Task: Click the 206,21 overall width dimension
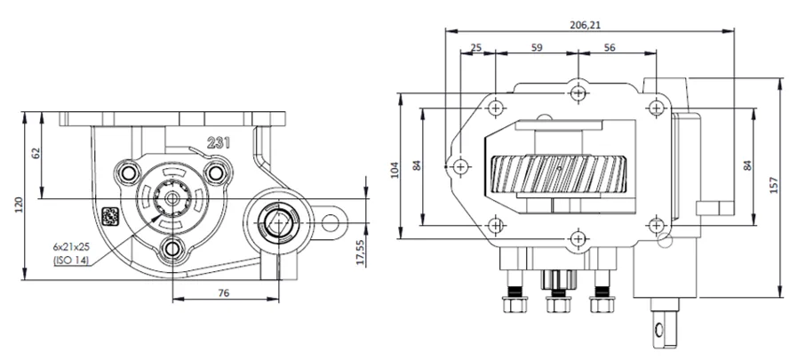point(586,24)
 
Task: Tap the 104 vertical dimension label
point(394,170)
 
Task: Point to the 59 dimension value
point(537,47)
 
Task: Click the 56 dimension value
point(610,47)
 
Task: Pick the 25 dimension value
point(475,47)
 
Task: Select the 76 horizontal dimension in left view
point(224,292)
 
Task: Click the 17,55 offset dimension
point(360,252)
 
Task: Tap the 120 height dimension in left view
point(20,204)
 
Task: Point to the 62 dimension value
point(36,153)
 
